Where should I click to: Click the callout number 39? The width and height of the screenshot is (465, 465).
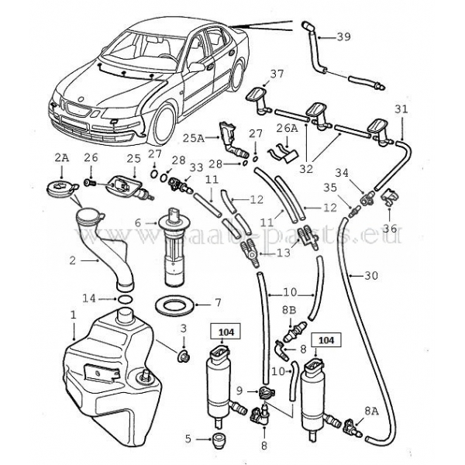pos(344,36)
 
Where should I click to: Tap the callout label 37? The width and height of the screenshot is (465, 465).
pos(277,74)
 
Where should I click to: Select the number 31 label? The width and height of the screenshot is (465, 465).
pos(400,108)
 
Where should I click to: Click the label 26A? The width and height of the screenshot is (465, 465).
pos(288,127)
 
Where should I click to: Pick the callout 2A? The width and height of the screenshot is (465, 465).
pos(60,157)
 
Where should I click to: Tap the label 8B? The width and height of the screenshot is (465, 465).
pos(288,309)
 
